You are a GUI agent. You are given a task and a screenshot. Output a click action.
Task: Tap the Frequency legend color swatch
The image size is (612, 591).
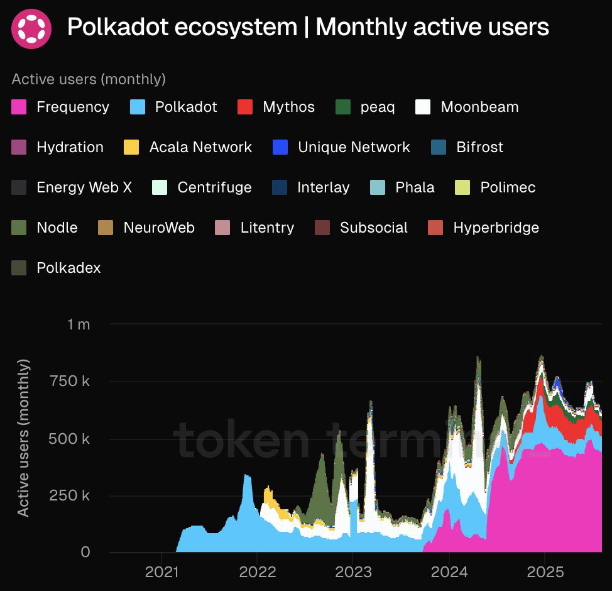(19, 107)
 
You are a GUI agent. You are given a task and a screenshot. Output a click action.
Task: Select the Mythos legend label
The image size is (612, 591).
(288, 107)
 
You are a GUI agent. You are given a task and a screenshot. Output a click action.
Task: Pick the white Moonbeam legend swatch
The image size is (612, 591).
(423, 107)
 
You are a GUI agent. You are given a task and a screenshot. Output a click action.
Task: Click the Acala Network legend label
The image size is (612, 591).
(200, 147)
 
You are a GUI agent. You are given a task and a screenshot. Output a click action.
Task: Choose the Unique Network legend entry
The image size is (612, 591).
(353, 147)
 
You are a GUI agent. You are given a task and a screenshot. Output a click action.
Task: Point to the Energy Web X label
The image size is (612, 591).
(84, 187)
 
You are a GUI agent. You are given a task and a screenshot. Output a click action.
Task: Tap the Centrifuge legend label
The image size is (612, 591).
(214, 187)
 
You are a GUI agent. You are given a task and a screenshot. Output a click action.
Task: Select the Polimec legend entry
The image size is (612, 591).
(508, 187)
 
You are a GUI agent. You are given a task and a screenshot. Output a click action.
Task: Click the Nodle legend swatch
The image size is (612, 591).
(19, 228)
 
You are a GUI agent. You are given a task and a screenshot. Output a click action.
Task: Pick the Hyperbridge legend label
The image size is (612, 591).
(496, 228)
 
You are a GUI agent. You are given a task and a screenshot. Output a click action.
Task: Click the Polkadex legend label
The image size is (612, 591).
(68, 268)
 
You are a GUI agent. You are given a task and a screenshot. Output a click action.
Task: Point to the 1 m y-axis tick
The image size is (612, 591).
(79, 324)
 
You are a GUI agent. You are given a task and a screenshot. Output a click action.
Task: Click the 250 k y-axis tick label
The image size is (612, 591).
(69, 495)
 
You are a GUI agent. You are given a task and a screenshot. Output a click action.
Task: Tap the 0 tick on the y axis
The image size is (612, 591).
(85, 552)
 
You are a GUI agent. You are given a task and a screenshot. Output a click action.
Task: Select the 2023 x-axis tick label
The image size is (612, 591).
(353, 573)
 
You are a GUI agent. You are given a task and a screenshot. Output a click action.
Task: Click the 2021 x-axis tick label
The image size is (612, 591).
(161, 573)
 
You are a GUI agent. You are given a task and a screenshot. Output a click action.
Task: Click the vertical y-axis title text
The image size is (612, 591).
(23, 438)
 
